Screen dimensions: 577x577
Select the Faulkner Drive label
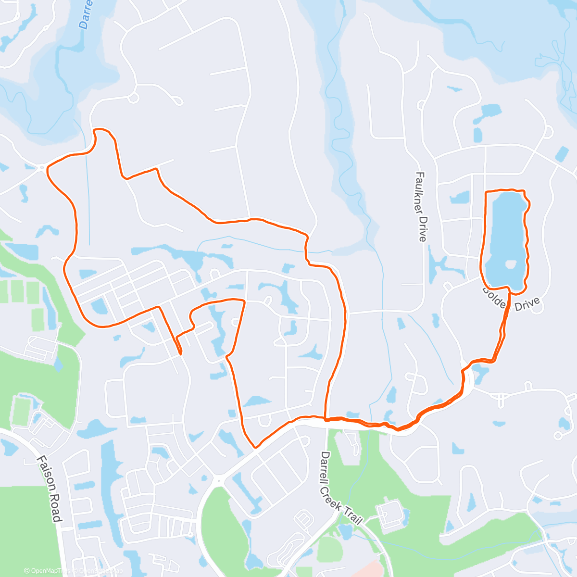421,207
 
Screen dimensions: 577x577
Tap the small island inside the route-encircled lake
511,264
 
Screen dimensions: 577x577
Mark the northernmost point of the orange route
100,129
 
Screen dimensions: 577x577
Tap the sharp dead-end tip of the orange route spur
180,354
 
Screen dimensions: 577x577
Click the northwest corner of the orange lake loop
487,192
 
